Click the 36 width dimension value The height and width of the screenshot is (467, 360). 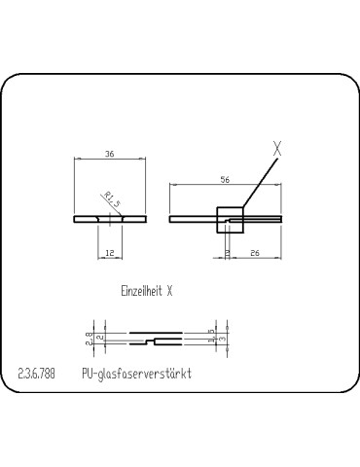point(110,154)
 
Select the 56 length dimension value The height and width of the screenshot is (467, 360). point(225,180)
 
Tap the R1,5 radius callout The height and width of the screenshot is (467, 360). point(112,199)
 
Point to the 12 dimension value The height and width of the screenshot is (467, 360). point(110,253)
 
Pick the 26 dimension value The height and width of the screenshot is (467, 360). point(255,253)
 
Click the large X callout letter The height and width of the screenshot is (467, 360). point(277,149)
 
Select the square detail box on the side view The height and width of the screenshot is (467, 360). point(230,220)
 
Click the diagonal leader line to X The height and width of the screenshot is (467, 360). point(261,183)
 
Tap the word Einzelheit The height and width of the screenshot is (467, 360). point(142,291)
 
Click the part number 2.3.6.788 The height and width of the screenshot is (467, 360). point(36,374)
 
